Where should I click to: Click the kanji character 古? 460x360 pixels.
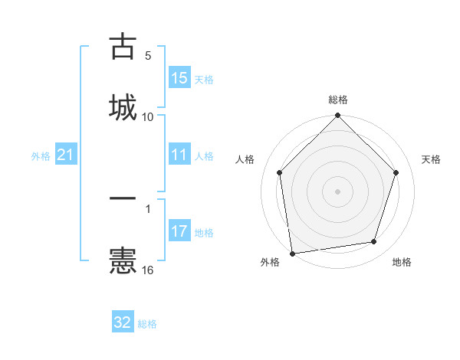[123, 47]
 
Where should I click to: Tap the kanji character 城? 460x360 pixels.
[123, 106]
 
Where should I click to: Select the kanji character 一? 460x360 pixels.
[123, 198]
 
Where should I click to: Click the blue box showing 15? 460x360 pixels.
[179, 78]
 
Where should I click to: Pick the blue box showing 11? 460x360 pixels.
[179, 155]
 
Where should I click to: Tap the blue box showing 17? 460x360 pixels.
[179, 231]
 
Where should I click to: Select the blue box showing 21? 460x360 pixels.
[66, 155]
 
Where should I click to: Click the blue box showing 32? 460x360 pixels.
[123, 322]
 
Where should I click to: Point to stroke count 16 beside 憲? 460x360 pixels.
[148, 270]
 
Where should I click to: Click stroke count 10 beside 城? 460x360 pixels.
[148, 116]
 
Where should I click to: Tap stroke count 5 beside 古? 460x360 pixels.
[148, 56]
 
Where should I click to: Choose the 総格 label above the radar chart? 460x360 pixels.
[338, 100]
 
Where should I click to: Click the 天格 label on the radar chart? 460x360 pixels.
[431, 159]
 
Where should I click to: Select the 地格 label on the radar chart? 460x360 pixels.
[402, 262]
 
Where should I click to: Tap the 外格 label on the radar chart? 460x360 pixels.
[270, 262]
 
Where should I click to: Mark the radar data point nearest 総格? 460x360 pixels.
[337, 116]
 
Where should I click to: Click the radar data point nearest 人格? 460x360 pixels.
[280, 172]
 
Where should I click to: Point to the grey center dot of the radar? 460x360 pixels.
[337, 191]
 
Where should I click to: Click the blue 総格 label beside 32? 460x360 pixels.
[147, 324]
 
